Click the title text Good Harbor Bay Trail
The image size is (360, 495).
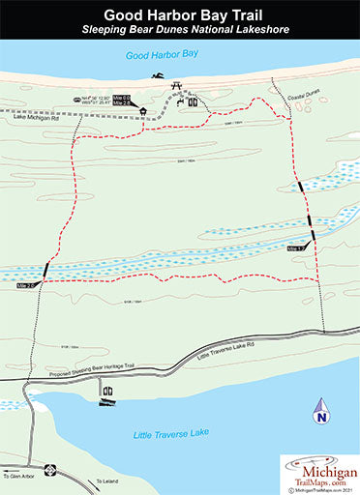[x=180, y=15]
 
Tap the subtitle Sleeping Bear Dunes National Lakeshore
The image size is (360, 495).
[x=180, y=32]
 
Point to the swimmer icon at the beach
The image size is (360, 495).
[x=156, y=76]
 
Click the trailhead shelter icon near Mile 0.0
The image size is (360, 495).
[x=144, y=110]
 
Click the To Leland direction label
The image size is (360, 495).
[x=106, y=482]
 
